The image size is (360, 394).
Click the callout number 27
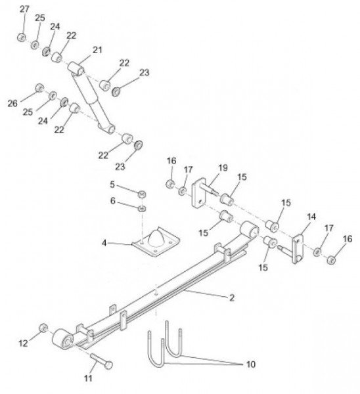24,9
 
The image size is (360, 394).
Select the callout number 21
97,50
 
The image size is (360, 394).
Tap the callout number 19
223,167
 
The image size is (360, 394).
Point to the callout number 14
311,217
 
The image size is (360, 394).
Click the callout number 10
250,364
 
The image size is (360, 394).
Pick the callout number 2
232,297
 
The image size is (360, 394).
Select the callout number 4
104,243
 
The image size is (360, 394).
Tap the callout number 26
12,103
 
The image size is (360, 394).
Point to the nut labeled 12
43,328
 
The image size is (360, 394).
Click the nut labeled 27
22,37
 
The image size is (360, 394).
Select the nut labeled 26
39,88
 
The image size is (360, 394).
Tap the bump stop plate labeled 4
156,242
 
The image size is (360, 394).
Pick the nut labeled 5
143,194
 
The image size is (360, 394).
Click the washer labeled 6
143,208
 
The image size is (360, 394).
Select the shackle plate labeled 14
298,249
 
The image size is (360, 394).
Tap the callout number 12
23,343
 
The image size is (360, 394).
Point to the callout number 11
88,378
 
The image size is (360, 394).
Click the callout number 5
112,185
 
